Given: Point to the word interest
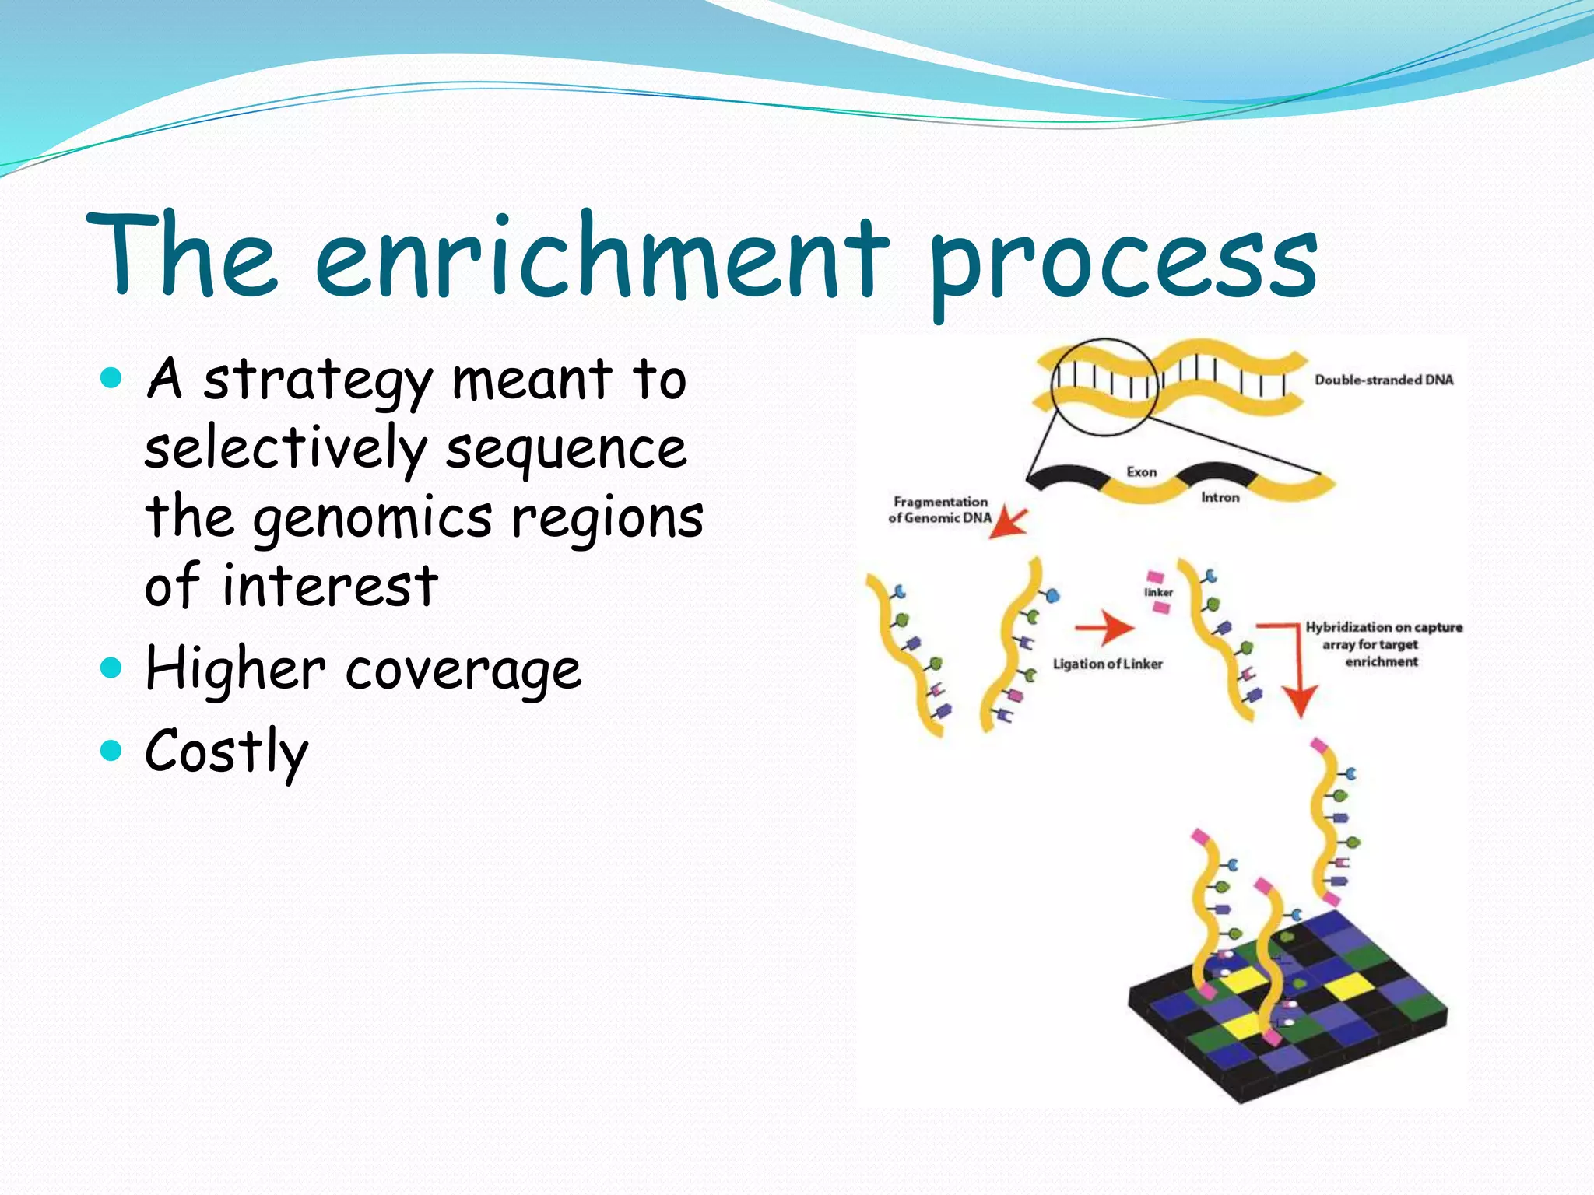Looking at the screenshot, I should (330, 585).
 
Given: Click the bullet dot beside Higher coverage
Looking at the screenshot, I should (112, 668).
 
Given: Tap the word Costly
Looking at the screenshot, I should (226, 752).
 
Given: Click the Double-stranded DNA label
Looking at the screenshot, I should (1384, 380).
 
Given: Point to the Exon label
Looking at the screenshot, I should (1141, 472).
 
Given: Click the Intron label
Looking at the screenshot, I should (1220, 497).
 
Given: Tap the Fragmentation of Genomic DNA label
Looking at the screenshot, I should (940, 510).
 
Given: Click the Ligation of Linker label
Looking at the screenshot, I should (1108, 664).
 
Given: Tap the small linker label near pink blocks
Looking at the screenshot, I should (1158, 593).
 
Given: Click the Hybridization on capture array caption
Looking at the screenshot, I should (1382, 644).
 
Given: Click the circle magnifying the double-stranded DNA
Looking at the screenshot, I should (1104, 387).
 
